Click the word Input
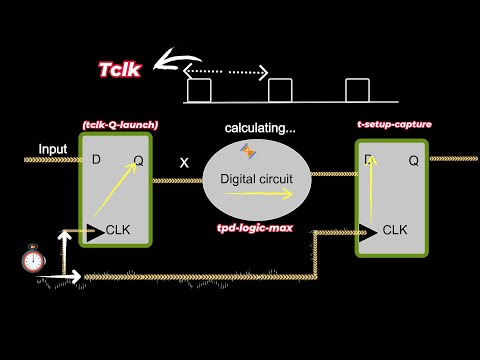[53, 150]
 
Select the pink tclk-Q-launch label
[121, 124]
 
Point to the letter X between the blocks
[183, 161]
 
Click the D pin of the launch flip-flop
[96, 160]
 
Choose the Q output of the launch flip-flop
[138, 160]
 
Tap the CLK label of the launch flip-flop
[119, 233]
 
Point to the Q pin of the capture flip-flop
[413, 160]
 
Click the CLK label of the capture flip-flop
[395, 229]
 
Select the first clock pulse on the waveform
[199, 91]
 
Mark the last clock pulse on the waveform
[358, 91]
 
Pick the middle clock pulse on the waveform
[281, 91]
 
